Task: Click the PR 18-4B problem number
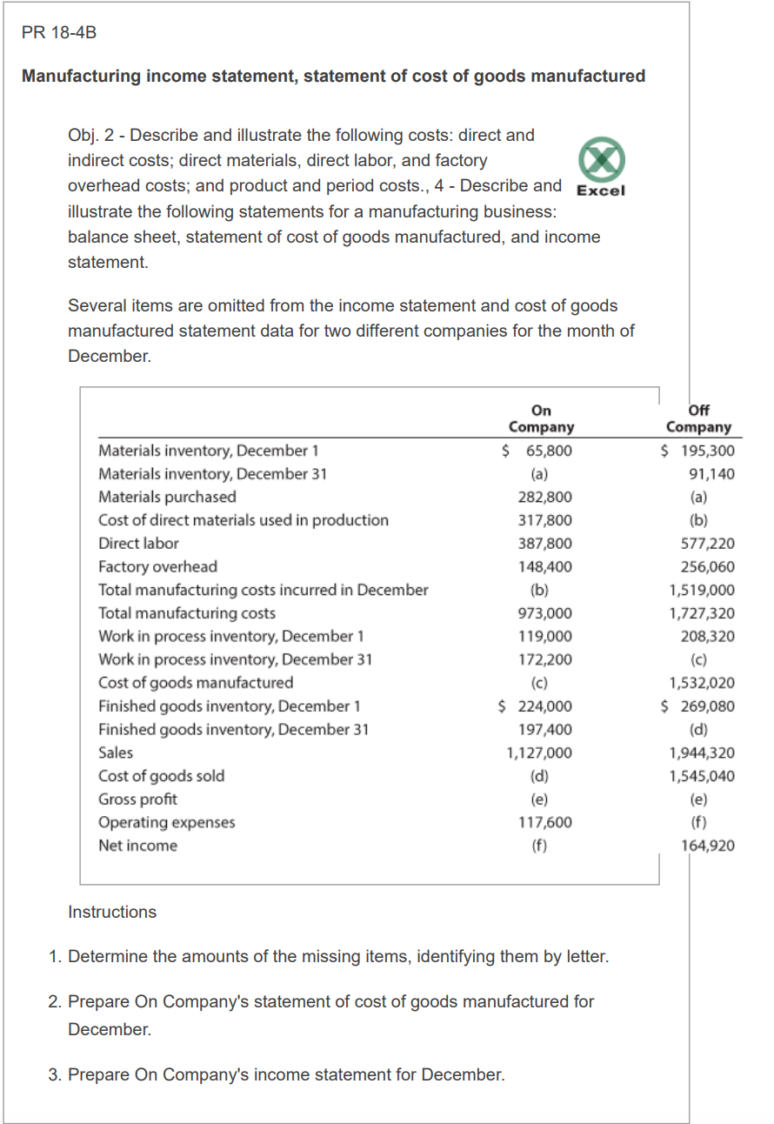click(x=59, y=33)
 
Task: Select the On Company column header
click(x=541, y=418)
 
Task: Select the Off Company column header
click(x=698, y=418)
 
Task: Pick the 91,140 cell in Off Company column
click(x=711, y=474)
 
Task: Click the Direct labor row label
click(x=138, y=544)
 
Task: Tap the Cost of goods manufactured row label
click(x=196, y=683)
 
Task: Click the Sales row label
click(x=116, y=753)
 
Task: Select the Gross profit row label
click(x=137, y=799)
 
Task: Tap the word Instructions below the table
click(x=112, y=912)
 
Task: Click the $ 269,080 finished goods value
click(x=697, y=706)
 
